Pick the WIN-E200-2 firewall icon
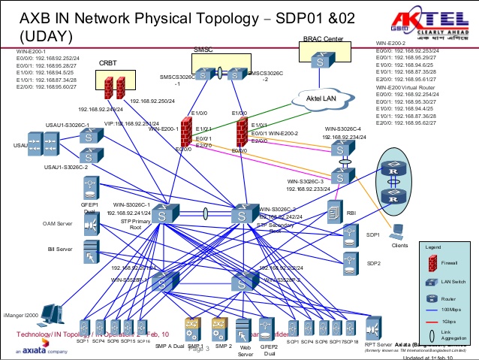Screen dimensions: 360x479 point(241,132)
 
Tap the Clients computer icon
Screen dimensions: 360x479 point(399,231)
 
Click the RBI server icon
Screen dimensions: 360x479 point(334,212)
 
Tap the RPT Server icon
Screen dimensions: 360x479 point(373,328)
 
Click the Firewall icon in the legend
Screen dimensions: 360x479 point(432,263)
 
